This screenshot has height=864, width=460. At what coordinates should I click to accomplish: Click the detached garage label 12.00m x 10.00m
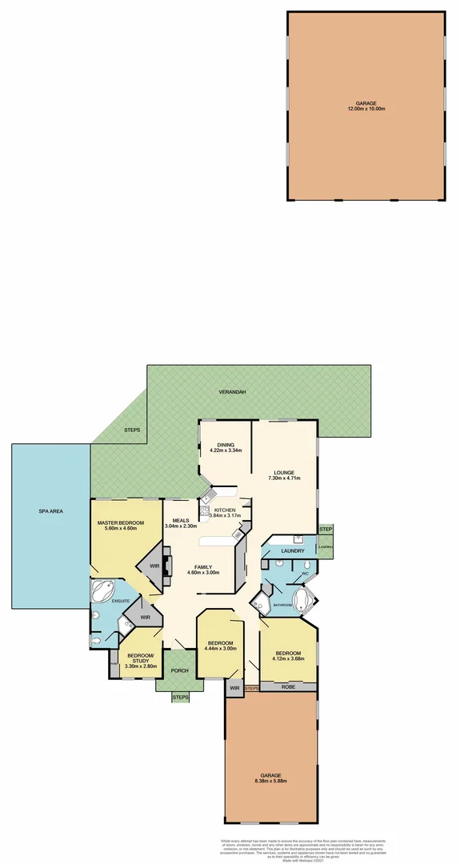coord(365,108)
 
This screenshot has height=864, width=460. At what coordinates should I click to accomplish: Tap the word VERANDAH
coord(232,394)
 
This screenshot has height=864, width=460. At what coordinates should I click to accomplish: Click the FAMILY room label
coord(203,566)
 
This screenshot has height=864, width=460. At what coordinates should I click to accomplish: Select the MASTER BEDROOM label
coord(121,523)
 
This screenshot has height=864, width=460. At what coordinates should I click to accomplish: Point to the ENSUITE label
coord(120,599)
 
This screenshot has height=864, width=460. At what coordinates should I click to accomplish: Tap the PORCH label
coord(179,670)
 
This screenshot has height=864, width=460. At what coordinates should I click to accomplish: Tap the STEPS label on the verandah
coord(132,430)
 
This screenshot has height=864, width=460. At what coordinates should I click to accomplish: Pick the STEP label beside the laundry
coord(326,530)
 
